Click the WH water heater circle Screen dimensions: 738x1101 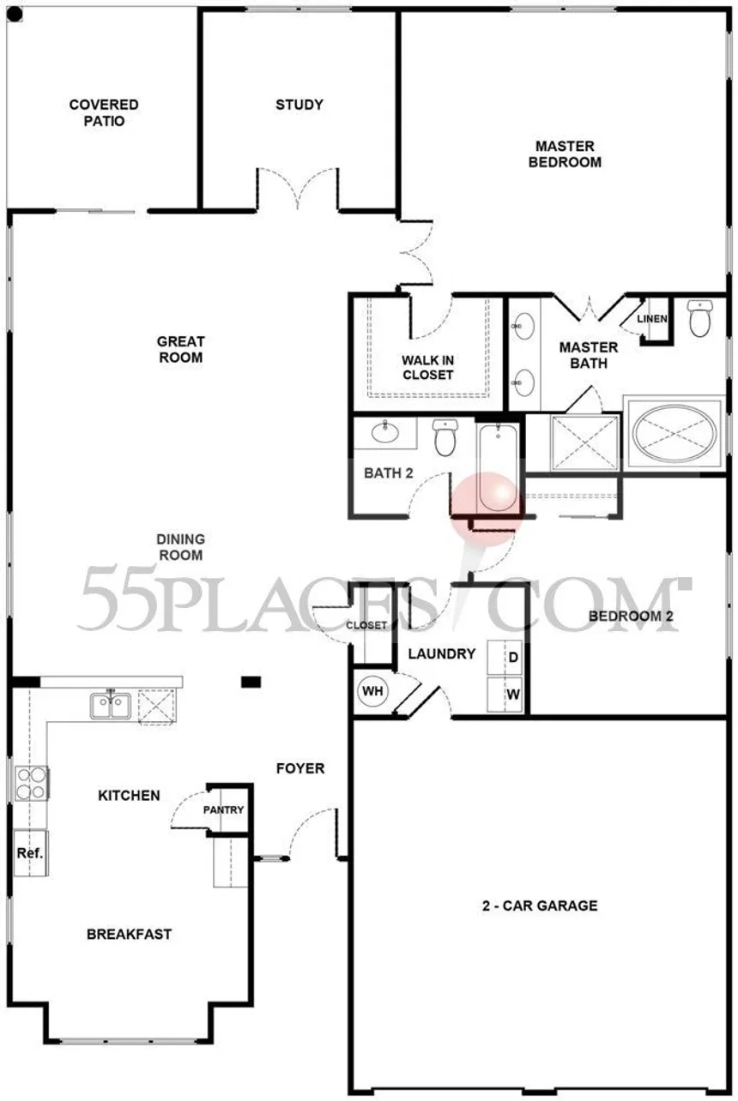(x=372, y=690)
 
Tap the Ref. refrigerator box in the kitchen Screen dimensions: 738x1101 (x=31, y=852)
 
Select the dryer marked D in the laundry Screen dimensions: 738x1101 (x=505, y=657)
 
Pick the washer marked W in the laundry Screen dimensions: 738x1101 (x=505, y=694)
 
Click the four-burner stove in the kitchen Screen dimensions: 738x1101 (x=32, y=784)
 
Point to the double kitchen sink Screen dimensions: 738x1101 (x=111, y=706)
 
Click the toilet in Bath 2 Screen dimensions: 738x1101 (x=445, y=436)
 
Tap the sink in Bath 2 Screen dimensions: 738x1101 (x=385, y=432)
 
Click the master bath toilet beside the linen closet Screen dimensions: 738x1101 (x=699, y=318)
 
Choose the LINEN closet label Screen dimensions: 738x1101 (x=652, y=318)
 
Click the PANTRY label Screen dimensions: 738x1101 (x=223, y=809)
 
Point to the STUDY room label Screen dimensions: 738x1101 (x=299, y=105)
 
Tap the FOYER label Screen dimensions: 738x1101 (x=300, y=768)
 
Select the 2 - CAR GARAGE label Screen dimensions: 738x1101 (x=540, y=905)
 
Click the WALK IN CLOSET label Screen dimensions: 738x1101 (x=427, y=367)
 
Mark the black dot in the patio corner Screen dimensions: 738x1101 (x=15, y=15)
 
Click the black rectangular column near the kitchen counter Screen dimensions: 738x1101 (x=251, y=682)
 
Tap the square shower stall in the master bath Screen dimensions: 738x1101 (x=585, y=442)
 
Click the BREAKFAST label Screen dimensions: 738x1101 (x=130, y=934)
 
